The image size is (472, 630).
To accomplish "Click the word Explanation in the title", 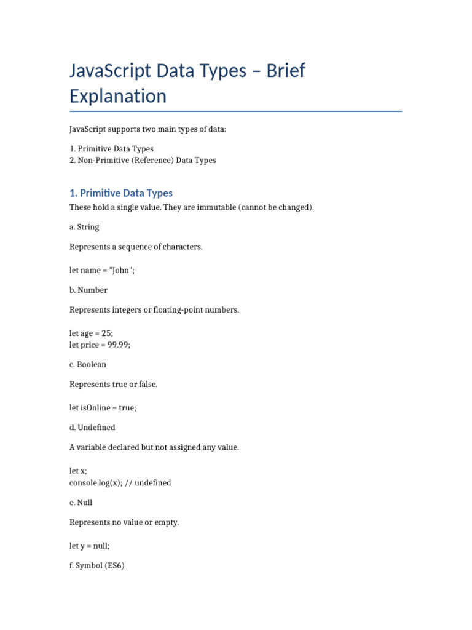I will point(118,96).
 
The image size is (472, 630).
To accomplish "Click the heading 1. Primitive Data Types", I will point(121,193).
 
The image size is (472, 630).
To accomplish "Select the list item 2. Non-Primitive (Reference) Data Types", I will point(143,161).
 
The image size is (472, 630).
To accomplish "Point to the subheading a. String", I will point(84,227).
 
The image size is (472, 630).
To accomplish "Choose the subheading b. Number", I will point(88,290).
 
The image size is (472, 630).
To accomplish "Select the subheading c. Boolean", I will point(88,364).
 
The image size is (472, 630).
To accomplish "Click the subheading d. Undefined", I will point(92,427).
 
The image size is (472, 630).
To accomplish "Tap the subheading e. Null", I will point(81,503).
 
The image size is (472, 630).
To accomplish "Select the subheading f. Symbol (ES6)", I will point(97,565).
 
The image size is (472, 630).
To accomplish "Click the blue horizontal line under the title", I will point(236,111).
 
